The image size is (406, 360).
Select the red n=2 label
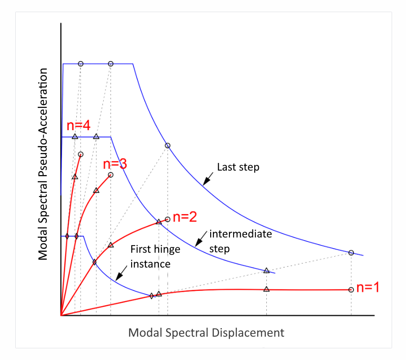click(x=185, y=217)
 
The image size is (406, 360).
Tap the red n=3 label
click(x=115, y=165)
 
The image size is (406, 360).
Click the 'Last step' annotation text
click(x=238, y=167)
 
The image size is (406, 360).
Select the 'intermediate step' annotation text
click(x=240, y=241)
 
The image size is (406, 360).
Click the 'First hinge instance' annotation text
click(x=150, y=257)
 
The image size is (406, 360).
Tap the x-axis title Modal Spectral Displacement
click(x=206, y=333)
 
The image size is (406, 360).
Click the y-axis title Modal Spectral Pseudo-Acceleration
click(x=43, y=164)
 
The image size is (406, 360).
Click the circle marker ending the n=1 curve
click(x=351, y=290)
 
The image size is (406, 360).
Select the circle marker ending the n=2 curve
click(x=168, y=220)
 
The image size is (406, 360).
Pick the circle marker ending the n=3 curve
click(x=111, y=175)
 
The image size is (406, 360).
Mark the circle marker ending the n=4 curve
click(x=81, y=154)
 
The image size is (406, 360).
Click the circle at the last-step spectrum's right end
click(x=351, y=253)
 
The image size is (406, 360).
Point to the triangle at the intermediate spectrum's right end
click(x=266, y=271)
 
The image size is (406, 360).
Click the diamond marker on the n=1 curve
click(x=152, y=295)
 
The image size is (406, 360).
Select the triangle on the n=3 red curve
click(x=96, y=190)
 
